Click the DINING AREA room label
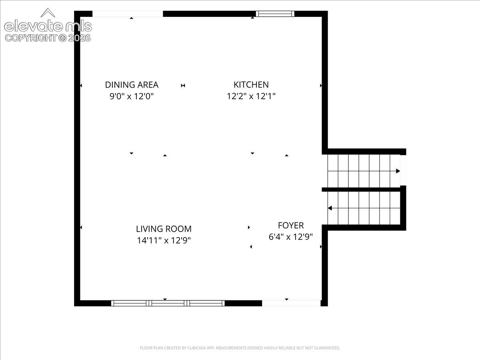[132, 85]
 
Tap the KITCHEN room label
[251, 85]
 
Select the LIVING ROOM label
[164, 229]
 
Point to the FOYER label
[291, 225]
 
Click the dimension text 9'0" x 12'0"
[132, 96]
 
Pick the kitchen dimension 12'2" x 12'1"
[251, 96]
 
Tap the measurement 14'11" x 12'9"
[164, 240]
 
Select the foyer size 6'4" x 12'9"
[291, 237]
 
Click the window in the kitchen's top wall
[275, 14]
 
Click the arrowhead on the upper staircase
[398, 171]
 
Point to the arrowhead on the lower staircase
[330, 208]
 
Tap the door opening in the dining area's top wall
[128, 14]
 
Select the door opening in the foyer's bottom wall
[291, 303]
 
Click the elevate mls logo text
[48, 26]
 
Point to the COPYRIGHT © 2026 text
[48, 38]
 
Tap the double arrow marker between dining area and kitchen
[183, 86]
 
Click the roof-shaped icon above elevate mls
[48, 13]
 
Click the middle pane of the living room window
[168, 303]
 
